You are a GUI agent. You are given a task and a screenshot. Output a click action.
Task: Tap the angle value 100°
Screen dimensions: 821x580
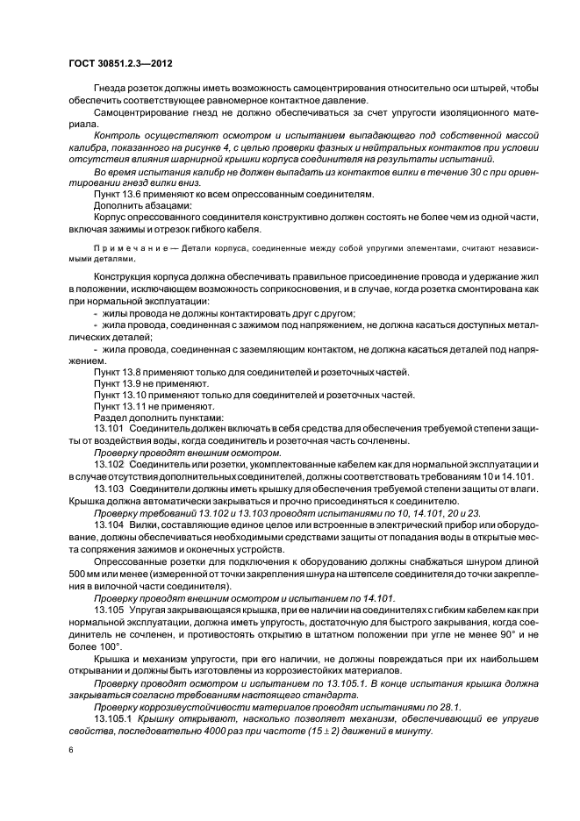coord(93,647)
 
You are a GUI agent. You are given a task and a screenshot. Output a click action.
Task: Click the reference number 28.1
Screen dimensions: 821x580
coord(451,703)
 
